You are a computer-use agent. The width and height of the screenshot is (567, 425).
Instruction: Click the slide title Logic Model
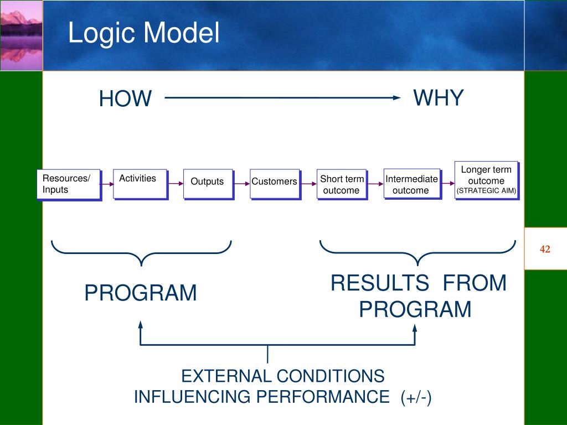pos(143,33)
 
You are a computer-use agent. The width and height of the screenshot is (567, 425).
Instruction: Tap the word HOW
pos(125,99)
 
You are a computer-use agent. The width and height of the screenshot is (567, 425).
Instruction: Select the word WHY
pos(439,97)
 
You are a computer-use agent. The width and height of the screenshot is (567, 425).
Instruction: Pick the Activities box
pos(140,184)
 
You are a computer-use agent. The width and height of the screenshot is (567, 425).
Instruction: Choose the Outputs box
pos(208,184)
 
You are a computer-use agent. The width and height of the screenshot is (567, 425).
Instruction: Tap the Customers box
pos(275,184)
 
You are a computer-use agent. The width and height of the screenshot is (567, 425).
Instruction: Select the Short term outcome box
pos(342,184)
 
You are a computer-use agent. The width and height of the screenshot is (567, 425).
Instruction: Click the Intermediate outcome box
pos(413,184)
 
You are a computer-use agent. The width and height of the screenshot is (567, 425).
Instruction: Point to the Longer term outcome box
pos(487,181)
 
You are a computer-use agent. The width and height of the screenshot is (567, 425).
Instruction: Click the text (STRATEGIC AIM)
pos(486,191)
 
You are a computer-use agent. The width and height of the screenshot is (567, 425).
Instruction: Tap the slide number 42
pos(545,249)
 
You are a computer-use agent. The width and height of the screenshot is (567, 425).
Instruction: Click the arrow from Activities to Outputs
pos(176,184)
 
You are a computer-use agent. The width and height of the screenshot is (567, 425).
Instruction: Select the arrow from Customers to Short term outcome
pos(309,184)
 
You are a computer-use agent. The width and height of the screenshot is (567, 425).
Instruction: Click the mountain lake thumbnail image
pos(22,35)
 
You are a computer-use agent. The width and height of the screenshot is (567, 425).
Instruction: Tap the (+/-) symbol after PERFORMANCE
pos(416,397)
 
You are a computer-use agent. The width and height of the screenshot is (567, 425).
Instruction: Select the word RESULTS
pos(380,283)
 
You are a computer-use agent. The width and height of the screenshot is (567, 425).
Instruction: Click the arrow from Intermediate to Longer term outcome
pos(448,184)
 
